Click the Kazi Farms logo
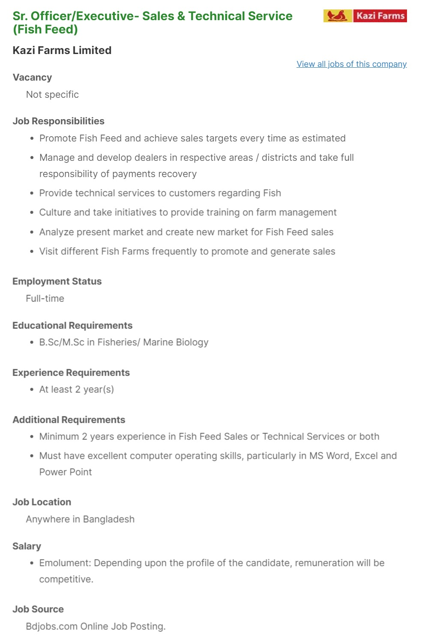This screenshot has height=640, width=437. click(365, 16)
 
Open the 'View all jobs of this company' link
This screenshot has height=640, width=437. click(351, 64)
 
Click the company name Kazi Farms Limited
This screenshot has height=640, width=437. click(62, 50)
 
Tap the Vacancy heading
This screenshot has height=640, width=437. click(32, 77)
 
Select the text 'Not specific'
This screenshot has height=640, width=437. click(52, 94)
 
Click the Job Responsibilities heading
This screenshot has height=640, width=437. click(58, 121)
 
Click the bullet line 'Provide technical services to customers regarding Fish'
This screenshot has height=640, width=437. click(160, 193)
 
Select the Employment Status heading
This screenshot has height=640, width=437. click(57, 281)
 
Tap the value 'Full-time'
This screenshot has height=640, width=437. click(45, 298)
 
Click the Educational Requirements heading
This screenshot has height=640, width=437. click(72, 325)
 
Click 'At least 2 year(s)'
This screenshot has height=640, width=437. click(76, 389)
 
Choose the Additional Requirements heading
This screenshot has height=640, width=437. click(69, 420)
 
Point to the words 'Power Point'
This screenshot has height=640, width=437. click(66, 472)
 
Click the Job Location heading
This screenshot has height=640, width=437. click(42, 502)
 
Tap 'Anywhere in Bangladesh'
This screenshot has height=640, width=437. click(80, 519)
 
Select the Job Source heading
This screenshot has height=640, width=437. click(38, 609)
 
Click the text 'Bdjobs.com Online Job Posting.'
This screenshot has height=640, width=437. click(96, 626)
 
